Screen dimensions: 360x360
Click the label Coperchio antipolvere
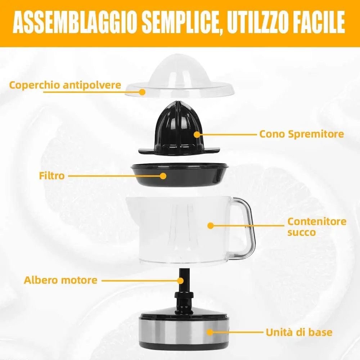pyautogui.click(x=65, y=85)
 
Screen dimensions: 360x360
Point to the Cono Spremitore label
pyautogui.click(x=301, y=134)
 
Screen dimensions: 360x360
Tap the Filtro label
pyautogui.click(x=51, y=176)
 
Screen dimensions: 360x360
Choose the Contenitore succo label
pyautogui.click(x=317, y=227)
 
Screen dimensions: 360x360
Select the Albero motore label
pyautogui.click(x=60, y=280)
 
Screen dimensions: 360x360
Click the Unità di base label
pyautogui.click(x=299, y=332)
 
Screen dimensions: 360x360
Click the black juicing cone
pyautogui.click(x=179, y=129)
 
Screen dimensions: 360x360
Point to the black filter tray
pyautogui.click(x=179, y=175)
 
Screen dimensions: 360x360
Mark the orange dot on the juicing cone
pyautogui.click(x=197, y=134)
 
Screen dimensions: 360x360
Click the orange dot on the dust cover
pyautogui.click(x=142, y=92)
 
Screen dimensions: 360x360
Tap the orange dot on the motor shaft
pyautogui.click(x=181, y=280)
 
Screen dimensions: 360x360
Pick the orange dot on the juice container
pyautogui.click(x=211, y=225)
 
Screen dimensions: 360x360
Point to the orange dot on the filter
pyautogui.click(x=163, y=176)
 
